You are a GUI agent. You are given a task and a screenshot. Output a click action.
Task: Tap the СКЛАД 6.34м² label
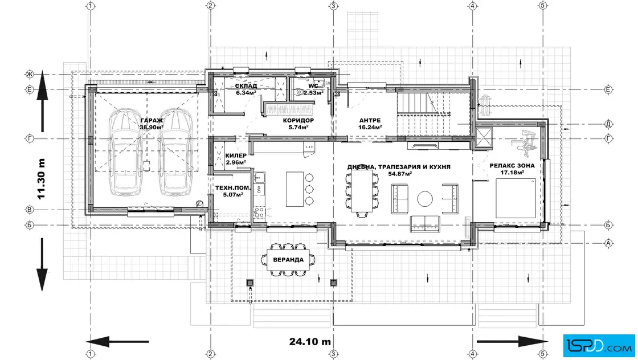(x=246, y=89)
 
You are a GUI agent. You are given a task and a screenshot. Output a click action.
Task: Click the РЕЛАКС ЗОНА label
(x=512, y=166)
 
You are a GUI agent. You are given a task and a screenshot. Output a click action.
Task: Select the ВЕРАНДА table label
(x=288, y=260)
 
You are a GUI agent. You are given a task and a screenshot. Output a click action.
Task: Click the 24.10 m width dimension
(x=310, y=342)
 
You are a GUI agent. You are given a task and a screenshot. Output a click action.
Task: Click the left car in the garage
(x=125, y=153)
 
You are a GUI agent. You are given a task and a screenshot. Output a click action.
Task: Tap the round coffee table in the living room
(x=425, y=199)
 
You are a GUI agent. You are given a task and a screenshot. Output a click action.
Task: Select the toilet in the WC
(x=301, y=92)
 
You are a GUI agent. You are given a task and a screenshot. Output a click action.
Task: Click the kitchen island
(x=295, y=189)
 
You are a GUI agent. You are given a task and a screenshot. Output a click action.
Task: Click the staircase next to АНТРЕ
(x=424, y=113)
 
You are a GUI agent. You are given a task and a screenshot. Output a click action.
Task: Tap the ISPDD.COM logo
(x=599, y=346)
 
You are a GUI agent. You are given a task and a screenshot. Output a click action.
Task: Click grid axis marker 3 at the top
(x=333, y=6)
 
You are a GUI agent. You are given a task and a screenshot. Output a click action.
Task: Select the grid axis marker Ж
(x=29, y=74)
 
